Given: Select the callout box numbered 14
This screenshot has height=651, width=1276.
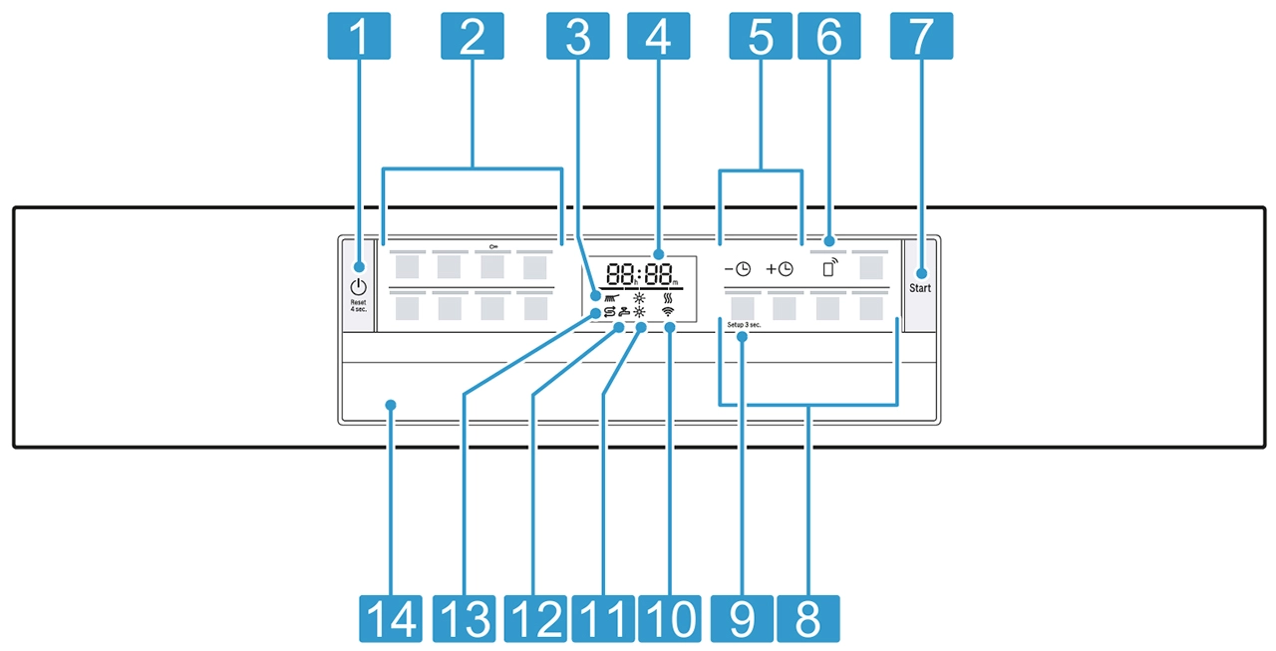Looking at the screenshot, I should (x=390, y=617).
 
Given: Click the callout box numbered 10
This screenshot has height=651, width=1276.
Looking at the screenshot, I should (x=670, y=617).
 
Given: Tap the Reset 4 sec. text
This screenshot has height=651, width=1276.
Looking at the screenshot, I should (x=358, y=305).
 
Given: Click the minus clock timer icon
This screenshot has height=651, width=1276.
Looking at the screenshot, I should (x=738, y=269).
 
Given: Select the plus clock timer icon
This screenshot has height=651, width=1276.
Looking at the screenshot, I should (x=780, y=269).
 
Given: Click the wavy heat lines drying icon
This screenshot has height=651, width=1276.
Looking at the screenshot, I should (x=669, y=296).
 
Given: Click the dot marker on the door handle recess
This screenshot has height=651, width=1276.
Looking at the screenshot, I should (x=390, y=405).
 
